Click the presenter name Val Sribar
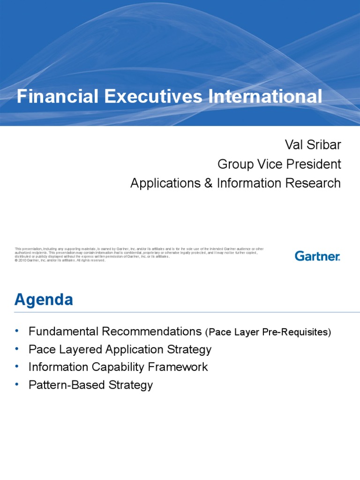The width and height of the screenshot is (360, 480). point(313,145)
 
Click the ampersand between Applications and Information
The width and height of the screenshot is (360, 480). point(208,183)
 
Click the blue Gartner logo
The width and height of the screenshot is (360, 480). point(317,256)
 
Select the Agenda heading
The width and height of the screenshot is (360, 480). point(44,300)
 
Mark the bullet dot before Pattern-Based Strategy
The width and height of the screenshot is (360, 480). point(17,384)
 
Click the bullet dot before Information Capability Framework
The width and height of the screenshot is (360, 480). point(17,367)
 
